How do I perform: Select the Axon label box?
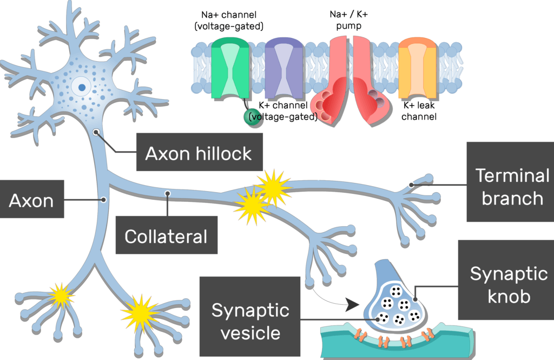(x=31, y=200)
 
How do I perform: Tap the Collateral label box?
(x=166, y=235)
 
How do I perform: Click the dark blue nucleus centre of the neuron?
(x=82, y=86)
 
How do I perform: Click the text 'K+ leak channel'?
(x=419, y=111)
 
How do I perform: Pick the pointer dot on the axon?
(x=103, y=200)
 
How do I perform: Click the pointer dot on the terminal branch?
(x=411, y=185)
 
